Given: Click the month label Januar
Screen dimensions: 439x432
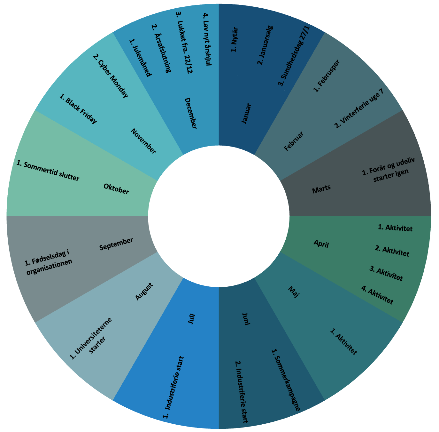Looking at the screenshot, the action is tap(246, 114).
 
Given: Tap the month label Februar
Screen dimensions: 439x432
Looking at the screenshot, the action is tap(294, 141).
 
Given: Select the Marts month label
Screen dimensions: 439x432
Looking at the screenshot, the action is tap(321, 189).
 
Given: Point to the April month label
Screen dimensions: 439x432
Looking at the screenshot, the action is tap(321, 244).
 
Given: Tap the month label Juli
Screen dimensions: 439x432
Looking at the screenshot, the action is tap(191, 319).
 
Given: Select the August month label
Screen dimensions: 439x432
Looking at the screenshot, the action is tap(144, 292).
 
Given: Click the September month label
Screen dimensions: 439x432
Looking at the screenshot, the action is tap(116, 244).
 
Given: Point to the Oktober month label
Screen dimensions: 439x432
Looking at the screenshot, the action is tap(116, 189).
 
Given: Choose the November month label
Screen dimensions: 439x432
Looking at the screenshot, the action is tap(143, 141).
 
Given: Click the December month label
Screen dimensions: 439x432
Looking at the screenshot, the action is tap(190, 113).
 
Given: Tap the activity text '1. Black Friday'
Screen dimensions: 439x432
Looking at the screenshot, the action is tap(78, 108).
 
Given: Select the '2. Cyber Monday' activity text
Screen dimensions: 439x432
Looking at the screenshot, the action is tap(111, 76).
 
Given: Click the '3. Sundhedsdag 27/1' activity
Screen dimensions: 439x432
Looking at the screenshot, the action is tap(294, 56).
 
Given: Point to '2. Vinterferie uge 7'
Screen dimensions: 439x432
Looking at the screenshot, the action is tap(359, 108).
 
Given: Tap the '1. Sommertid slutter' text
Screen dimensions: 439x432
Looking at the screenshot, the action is tap(48, 171).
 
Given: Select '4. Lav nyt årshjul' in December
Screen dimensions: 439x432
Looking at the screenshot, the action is tap(208, 39).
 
